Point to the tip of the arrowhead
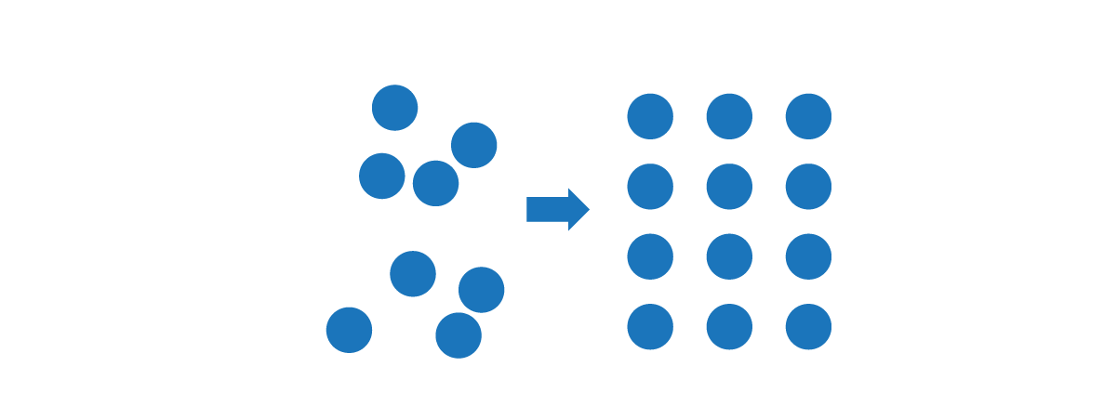(x=589, y=209)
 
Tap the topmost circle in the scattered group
(x=395, y=108)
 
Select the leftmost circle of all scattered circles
(x=349, y=330)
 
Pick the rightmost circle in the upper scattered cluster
(x=474, y=145)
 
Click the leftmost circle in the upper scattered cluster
(x=382, y=176)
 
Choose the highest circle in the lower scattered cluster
(x=413, y=273)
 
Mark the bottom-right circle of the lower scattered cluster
(x=459, y=335)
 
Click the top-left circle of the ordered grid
(x=650, y=116)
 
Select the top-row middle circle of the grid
(x=729, y=116)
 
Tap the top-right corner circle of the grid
(x=808, y=116)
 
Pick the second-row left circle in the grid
(x=650, y=187)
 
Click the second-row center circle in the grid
(x=729, y=187)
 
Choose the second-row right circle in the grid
(x=808, y=187)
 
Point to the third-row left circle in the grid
(x=650, y=256)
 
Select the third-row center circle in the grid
(x=729, y=256)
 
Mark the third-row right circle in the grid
(x=808, y=256)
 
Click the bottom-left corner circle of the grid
(x=650, y=327)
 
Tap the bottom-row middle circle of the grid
(x=729, y=327)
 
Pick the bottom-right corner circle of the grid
(x=808, y=327)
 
